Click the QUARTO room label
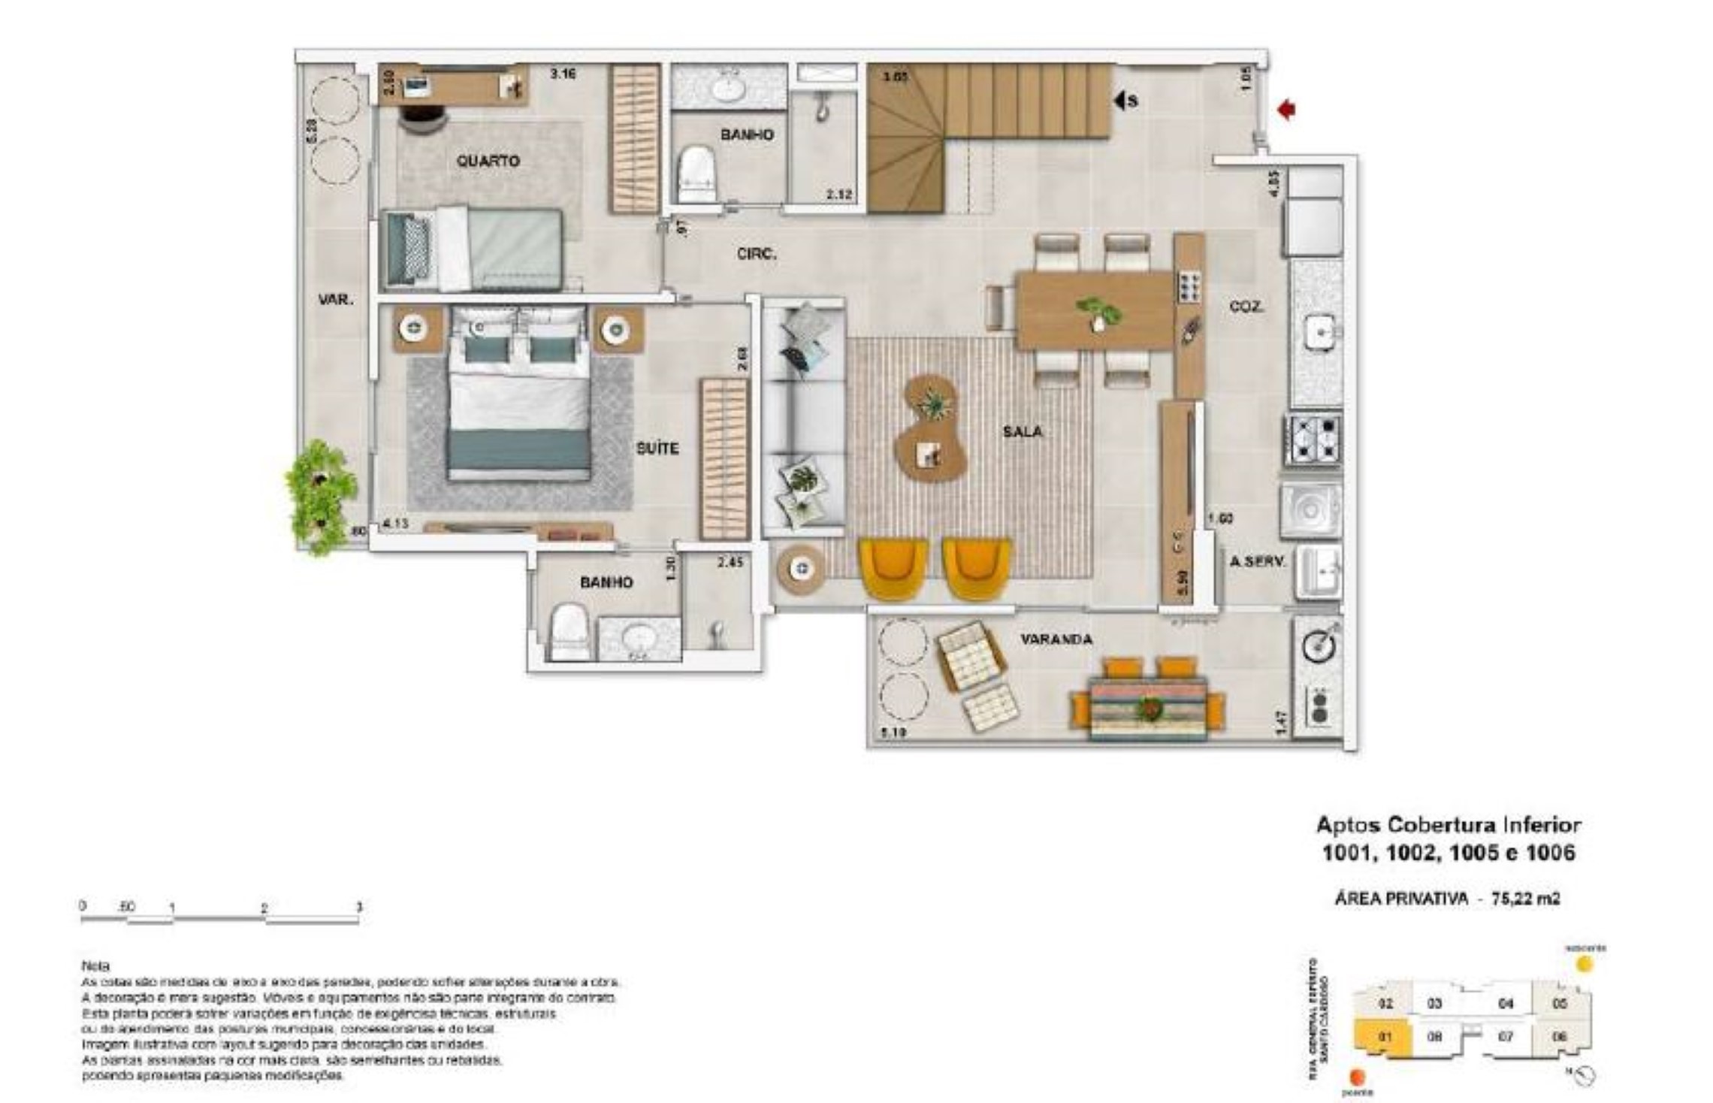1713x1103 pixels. (488, 161)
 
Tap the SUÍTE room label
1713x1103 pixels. (657, 449)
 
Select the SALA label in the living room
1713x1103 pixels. (1022, 432)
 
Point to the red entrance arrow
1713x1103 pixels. (1286, 110)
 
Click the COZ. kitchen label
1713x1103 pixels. (1246, 307)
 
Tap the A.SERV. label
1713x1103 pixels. (1258, 561)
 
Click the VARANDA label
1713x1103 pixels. (1056, 639)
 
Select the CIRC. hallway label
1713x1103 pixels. (757, 255)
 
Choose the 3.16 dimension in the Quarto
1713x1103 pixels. (563, 74)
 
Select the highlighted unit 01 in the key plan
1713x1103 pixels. (1384, 1038)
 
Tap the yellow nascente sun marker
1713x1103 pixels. (1584, 964)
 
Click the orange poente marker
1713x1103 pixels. (1356, 1077)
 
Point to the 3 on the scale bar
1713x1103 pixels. (359, 907)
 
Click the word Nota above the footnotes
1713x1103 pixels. (95, 966)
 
